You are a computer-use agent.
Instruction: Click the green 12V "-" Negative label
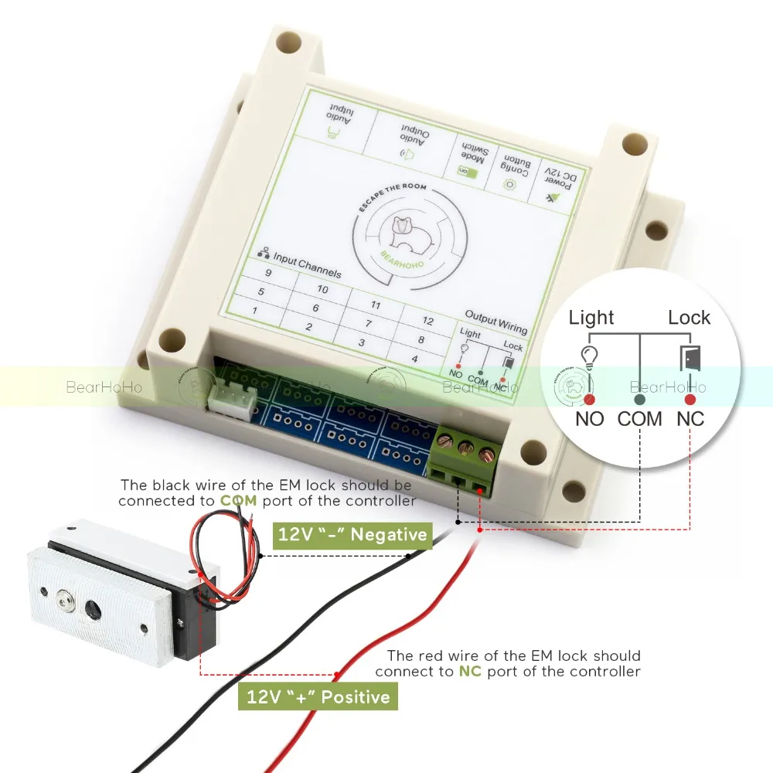[352, 533]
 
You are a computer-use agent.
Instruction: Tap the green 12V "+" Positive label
[318, 697]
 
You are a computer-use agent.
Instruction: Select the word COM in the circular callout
[640, 419]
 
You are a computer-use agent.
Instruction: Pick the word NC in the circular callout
[690, 419]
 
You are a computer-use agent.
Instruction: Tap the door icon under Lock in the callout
[690, 358]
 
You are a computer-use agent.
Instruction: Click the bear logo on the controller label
[404, 229]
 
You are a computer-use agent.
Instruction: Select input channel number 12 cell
[427, 321]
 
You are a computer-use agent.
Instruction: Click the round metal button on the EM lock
[64, 597]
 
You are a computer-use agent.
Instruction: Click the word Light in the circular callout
[591, 317]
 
